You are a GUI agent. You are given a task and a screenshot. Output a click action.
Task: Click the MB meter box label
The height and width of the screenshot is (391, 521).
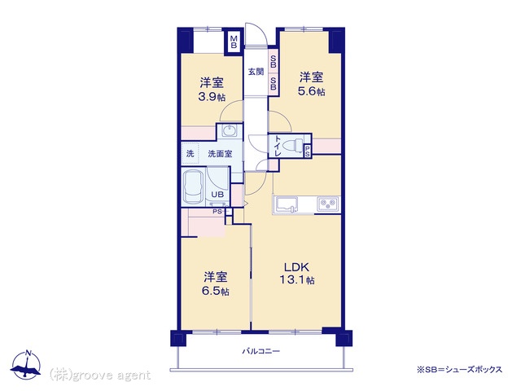(234, 42)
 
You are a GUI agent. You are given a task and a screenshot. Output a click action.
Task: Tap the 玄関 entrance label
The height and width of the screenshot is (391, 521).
(256, 71)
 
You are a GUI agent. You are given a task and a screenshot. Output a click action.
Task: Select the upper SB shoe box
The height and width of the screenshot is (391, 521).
(274, 61)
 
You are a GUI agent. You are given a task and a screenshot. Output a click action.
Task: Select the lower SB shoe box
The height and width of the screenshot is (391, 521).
(274, 83)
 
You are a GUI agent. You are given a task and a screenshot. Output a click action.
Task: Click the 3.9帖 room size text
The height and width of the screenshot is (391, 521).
(212, 97)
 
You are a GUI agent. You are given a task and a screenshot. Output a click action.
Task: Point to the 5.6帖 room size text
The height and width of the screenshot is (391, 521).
(311, 91)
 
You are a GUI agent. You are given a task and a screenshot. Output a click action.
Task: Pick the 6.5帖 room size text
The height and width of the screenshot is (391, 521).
(215, 291)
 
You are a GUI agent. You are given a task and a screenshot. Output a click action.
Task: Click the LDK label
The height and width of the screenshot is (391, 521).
(296, 267)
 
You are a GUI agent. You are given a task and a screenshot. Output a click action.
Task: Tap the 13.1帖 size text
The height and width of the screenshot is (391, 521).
(296, 280)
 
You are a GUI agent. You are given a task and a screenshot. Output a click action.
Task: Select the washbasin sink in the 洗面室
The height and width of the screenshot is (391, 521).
(230, 130)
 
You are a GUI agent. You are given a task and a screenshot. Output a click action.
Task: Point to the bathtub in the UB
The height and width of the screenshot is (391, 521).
(194, 187)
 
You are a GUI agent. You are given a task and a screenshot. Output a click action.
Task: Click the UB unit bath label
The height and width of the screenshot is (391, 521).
(217, 194)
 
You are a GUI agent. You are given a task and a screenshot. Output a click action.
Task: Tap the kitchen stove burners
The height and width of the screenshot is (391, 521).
(328, 203)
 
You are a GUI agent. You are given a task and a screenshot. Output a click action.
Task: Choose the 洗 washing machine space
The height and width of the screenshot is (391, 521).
(190, 154)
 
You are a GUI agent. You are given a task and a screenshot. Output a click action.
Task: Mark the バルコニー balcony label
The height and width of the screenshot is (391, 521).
(261, 351)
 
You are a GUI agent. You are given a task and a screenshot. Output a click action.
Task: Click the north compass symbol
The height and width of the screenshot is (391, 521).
(26, 365)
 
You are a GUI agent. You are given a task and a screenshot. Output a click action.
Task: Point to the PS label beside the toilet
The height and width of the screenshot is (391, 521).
(308, 152)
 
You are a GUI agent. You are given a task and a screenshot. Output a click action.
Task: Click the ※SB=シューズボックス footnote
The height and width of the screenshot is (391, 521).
(459, 369)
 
